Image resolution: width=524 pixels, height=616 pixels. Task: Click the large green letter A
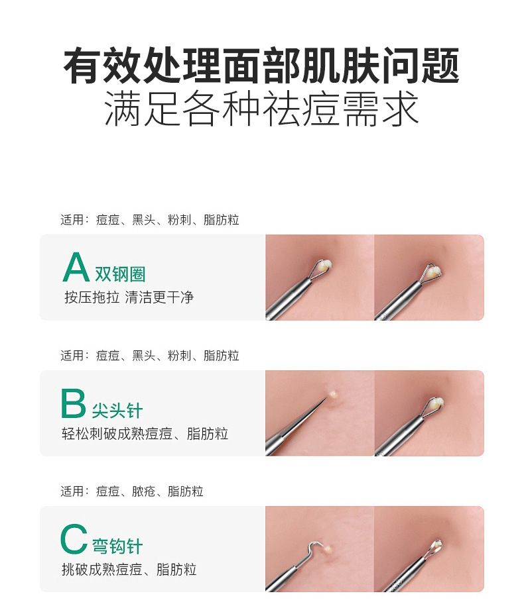click(76, 267)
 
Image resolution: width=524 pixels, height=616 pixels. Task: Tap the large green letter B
click(73, 403)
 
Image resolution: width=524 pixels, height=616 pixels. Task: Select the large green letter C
click(74, 539)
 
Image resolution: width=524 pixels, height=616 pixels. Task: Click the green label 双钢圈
click(120, 274)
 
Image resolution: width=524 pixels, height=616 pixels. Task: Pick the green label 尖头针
click(117, 411)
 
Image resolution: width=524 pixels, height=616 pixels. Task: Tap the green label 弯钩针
click(117, 546)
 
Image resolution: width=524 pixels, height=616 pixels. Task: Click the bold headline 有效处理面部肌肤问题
click(261, 66)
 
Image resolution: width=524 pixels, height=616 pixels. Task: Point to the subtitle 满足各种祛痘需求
click(261, 109)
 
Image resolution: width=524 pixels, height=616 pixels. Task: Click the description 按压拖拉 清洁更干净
click(129, 297)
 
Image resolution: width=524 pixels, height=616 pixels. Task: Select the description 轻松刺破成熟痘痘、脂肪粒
click(145, 434)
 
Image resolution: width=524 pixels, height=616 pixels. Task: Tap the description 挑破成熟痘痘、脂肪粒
click(129, 570)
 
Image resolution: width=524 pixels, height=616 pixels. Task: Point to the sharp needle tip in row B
click(326, 399)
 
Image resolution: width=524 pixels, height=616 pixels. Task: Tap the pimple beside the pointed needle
click(334, 393)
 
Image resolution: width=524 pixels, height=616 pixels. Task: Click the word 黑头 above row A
click(143, 220)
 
